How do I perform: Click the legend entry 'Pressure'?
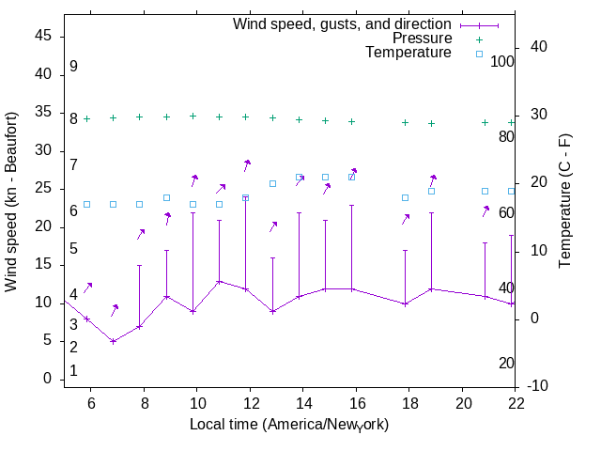pyautogui.click(x=422, y=39)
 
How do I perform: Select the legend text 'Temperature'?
pyautogui.click(x=408, y=53)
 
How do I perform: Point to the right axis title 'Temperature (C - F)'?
pyautogui.click(x=566, y=201)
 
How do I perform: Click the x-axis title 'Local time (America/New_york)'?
pyautogui.click(x=289, y=425)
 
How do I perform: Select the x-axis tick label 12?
pyautogui.click(x=251, y=403)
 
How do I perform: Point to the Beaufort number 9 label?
pyautogui.click(x=73, y=68)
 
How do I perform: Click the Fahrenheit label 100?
pyautogui.click(x=502, y=61)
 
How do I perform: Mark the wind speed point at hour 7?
pyautogui.click(x=114, y=341)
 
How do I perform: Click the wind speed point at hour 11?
pyautogui.click(x=220, y=281)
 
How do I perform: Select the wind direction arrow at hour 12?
pyautogui.click(x=247, y=164)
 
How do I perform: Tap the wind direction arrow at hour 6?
pyautogui.click(x=88, y=288)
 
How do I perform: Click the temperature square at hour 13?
pyautogui.click(x=272, y=183)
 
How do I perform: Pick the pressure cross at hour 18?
pyautogui.click(x=406, y=122)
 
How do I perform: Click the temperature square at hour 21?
pyautogui.click(x=485, y=191)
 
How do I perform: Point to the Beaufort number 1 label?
pyautogui.click(x=73, y=371)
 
